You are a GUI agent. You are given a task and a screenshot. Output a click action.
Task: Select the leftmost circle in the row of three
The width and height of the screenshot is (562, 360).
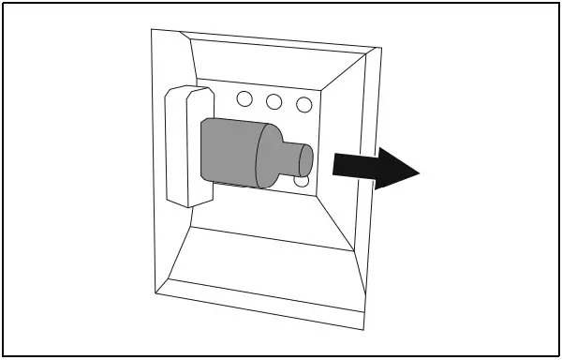coord(244,98)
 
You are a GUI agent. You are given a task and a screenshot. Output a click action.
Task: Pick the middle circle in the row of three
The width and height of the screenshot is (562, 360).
coord(274,101)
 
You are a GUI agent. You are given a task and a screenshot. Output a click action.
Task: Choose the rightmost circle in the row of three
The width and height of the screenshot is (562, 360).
coord(304,104)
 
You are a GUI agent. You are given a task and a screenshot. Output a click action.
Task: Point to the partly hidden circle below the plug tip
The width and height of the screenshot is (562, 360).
coord(302,180)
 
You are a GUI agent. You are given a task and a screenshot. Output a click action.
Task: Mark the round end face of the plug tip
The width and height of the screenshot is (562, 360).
coord(305,157)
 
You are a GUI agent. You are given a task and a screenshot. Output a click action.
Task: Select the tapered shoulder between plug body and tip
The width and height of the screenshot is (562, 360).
coord(270,155)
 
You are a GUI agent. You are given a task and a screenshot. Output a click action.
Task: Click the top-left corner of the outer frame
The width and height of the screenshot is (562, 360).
coord(153,30)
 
